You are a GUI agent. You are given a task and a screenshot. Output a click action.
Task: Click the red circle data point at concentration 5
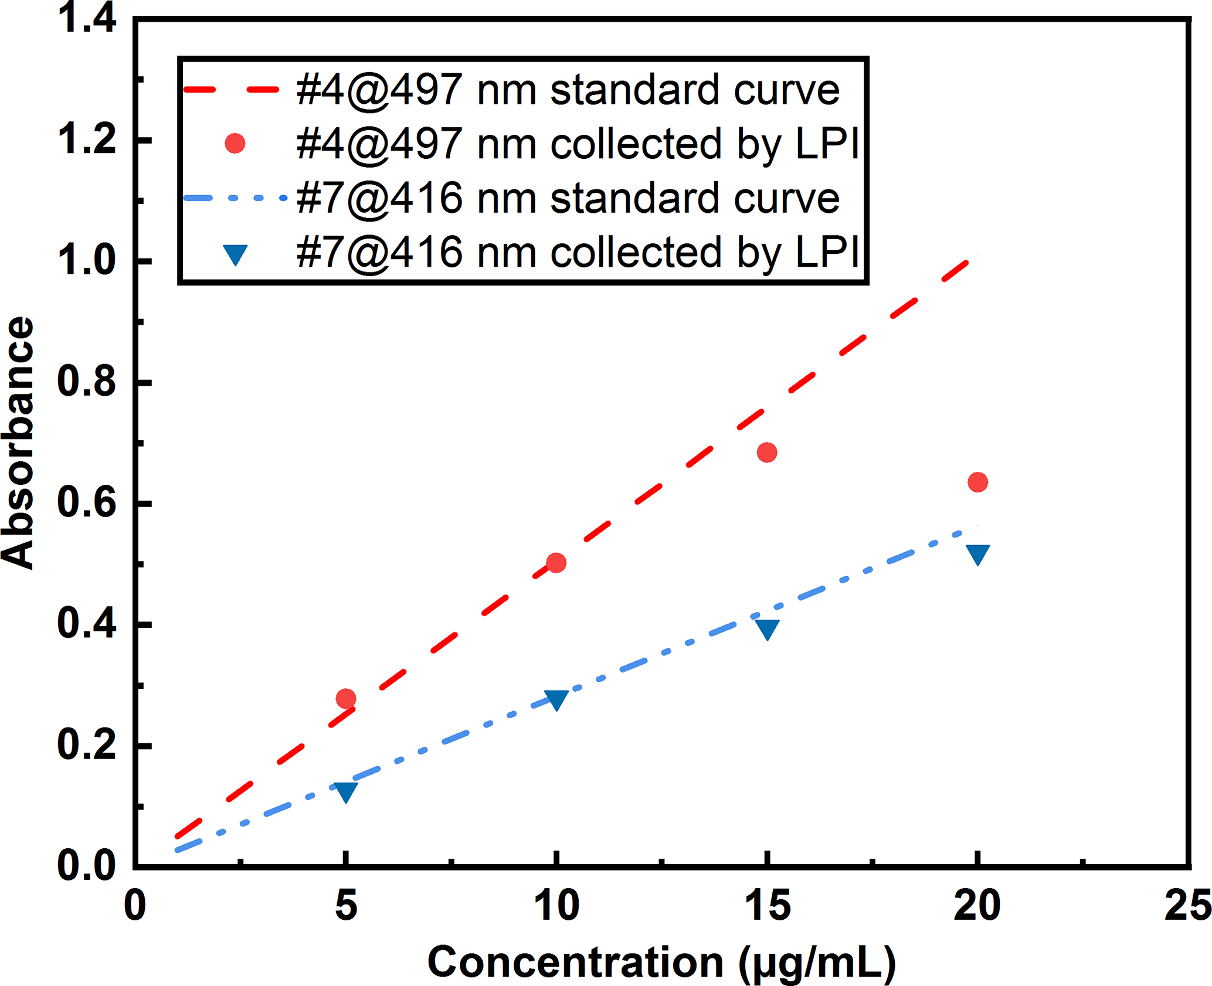(346, 699)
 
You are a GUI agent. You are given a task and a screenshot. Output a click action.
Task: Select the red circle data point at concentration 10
(556, 563)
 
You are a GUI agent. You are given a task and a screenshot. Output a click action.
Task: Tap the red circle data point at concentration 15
(767, 453)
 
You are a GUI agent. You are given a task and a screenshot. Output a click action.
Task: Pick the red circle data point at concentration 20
(977, 482)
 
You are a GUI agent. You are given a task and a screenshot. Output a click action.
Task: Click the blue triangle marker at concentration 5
(346, 791)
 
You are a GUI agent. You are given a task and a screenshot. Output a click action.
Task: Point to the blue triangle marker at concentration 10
(556, 699)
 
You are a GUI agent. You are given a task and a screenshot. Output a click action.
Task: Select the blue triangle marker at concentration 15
(767, 629)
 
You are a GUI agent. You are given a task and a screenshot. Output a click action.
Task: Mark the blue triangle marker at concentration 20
(977, 553)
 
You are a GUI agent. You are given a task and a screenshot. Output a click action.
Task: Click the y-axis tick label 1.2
(86, 141)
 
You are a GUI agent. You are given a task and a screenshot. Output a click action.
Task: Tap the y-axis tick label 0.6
(86, 504)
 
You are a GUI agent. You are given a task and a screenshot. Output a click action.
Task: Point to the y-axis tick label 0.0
(86, 866)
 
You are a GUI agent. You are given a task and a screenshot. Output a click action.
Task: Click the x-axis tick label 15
(767, 906)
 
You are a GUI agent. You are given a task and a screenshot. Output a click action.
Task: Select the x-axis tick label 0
(135, 906)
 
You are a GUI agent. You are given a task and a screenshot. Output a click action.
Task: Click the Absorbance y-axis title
(18, 443)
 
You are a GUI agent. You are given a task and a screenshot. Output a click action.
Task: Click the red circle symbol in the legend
(235, 144)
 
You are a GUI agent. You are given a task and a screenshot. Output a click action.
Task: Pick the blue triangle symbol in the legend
(235, 254)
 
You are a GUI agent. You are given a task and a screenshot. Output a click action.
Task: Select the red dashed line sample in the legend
(231, 90)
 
